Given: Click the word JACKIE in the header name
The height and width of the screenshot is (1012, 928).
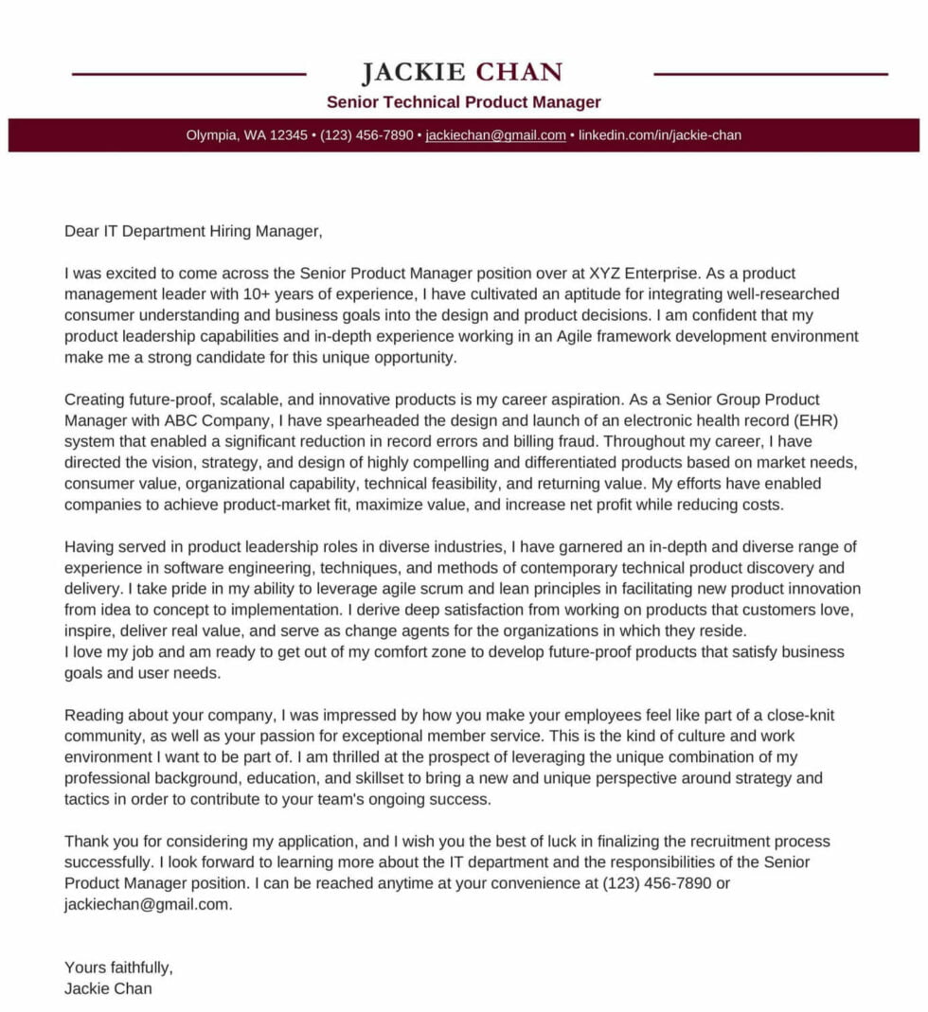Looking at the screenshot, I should point(413,73).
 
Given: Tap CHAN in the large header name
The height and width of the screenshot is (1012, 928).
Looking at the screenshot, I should point(519,73).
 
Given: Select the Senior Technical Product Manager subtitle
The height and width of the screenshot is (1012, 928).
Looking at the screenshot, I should point(463,102).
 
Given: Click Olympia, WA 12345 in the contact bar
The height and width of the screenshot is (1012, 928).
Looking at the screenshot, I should point(246,135).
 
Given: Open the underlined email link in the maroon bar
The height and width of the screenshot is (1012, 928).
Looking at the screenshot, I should point(495,135).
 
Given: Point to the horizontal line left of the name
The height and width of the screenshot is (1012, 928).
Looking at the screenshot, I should point(188,74).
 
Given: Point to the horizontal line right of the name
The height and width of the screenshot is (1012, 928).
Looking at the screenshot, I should point(771,74).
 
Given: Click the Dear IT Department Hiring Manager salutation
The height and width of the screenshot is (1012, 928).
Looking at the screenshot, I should point(193,231).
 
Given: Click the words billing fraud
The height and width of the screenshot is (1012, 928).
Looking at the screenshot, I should point(554,441).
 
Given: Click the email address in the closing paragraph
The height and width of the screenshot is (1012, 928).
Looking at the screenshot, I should point(148,904).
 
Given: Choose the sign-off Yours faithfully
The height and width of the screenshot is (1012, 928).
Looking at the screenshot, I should point(118,968).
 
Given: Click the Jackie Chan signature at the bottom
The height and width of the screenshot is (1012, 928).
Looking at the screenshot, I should point(108,988).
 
